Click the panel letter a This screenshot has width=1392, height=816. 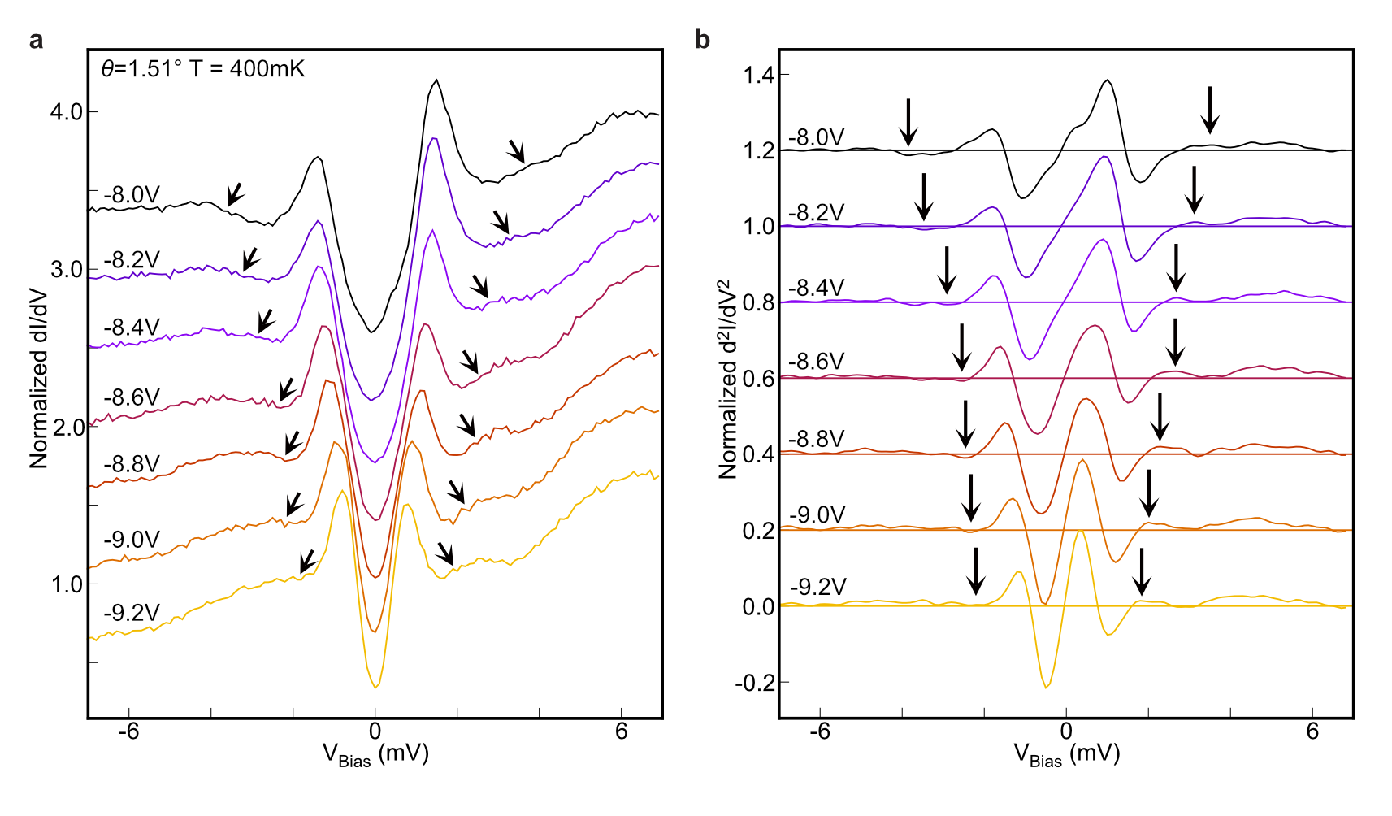tap(36, 41)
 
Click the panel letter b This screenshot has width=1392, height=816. tap(703, 41)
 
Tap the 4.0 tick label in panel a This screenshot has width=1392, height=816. tap(67, 112)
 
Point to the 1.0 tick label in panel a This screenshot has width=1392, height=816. tap(67, 584)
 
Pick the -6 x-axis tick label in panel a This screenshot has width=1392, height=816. tap(128, 731)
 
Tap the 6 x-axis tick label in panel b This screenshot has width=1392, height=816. tap(1312, 731)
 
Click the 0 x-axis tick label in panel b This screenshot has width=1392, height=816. tap(1066, 731)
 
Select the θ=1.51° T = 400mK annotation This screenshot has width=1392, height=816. tap(202, 69)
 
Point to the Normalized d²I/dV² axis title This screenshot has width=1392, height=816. tap(727, 379)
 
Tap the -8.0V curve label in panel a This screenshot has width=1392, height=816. tap(132, 195)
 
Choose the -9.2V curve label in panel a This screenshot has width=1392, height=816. tap(132, 613)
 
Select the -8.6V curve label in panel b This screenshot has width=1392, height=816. tap(817, 362)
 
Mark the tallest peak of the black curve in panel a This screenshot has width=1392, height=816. tap(437, 80)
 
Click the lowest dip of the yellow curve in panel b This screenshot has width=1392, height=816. tap(1047, 688)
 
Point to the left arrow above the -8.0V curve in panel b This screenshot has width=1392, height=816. tap(908, 122)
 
